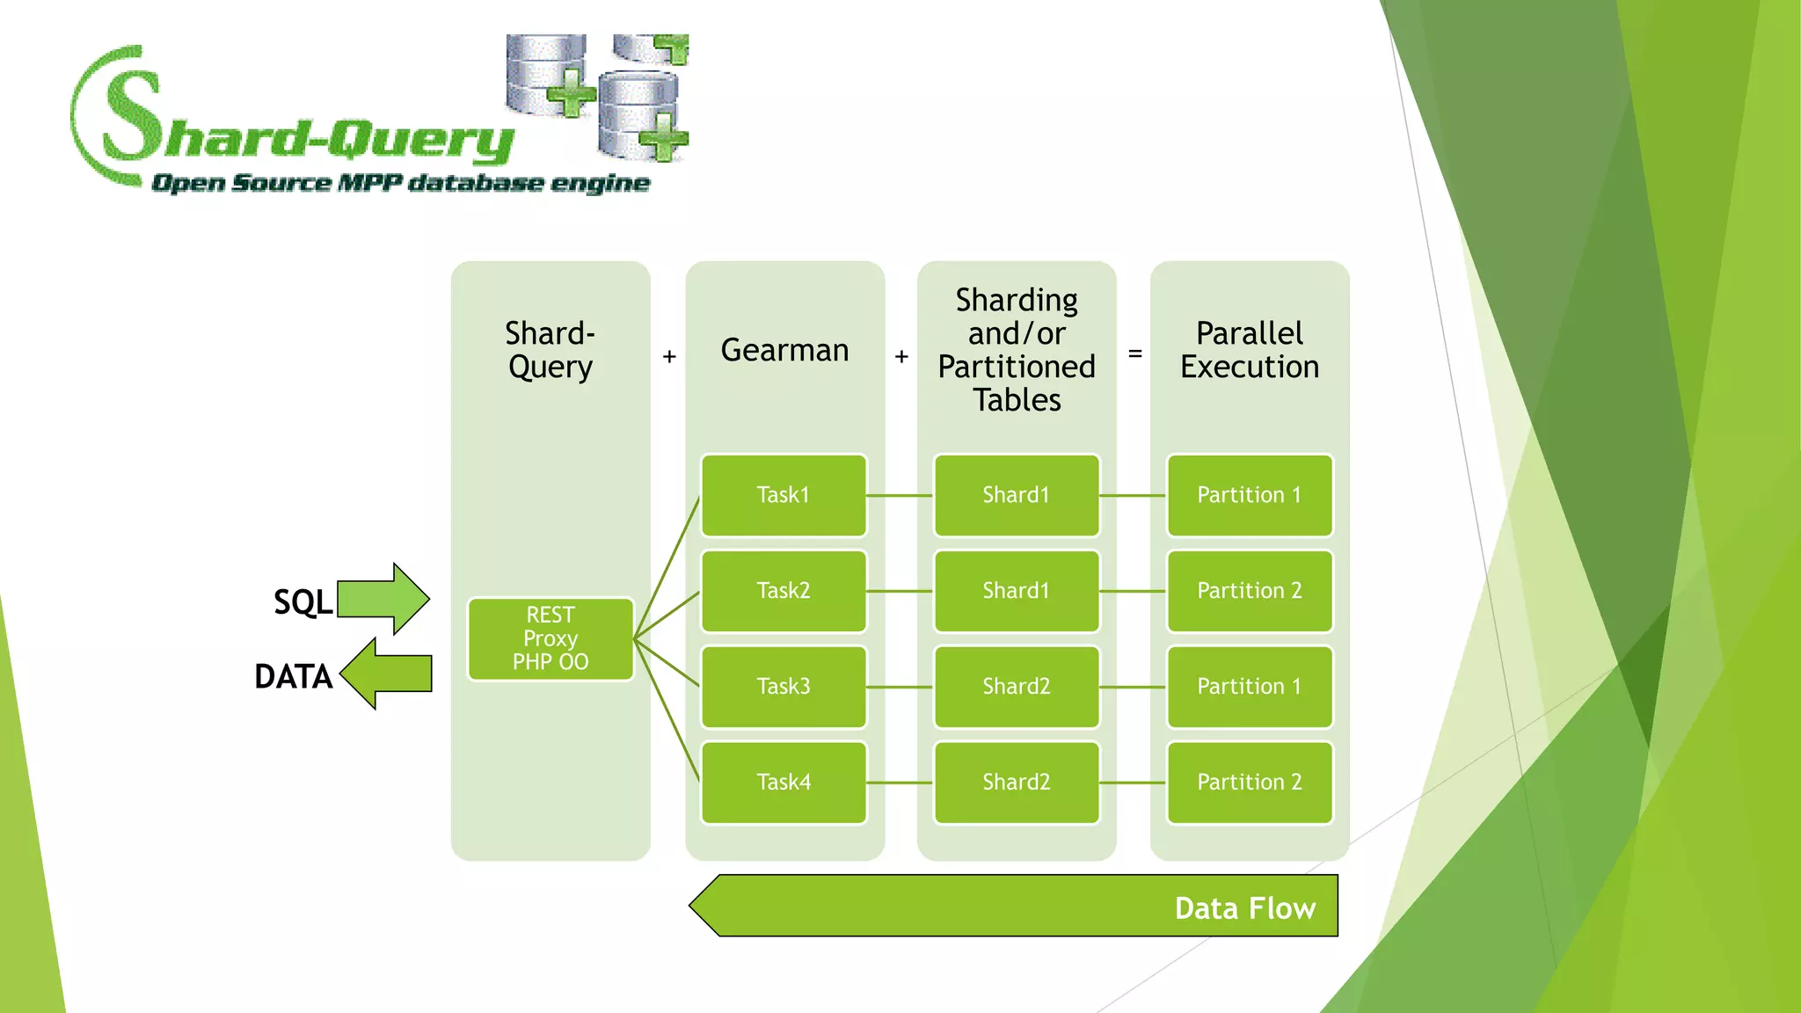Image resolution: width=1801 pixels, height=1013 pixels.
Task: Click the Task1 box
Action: coord(783,495)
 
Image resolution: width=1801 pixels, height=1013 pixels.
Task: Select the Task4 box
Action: coord(783,782)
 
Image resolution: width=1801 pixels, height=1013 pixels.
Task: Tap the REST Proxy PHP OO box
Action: coord(551,638)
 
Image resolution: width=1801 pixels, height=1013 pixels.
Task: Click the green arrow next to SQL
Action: coord(384,599)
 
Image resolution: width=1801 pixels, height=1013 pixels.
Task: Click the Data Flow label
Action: coord(1244,907)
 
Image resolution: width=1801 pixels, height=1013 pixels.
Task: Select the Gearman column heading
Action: coord(784,350)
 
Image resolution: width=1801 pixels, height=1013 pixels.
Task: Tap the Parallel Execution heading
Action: coord(1249,350)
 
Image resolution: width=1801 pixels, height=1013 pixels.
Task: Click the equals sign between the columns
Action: coord(1134,353)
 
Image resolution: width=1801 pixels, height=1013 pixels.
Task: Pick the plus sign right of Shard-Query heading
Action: coord(669,356)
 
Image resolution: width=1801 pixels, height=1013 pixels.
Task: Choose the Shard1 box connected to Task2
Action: coord(1016,591)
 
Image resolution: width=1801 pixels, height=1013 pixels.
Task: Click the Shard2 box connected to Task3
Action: coord(1016,686)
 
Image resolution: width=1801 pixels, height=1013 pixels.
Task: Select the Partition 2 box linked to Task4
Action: coord(1249,782)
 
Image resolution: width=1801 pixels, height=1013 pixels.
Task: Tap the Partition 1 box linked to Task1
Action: coord(1249,495)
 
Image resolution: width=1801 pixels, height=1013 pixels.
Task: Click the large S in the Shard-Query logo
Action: coord(132,114)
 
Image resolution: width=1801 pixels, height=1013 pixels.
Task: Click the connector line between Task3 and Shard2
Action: coord(900,687)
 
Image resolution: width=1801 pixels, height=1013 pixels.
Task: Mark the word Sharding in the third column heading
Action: coord(1017,300)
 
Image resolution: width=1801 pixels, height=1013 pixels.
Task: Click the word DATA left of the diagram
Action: coord(293,676)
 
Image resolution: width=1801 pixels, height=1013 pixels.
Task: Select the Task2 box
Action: coord(783,591)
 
